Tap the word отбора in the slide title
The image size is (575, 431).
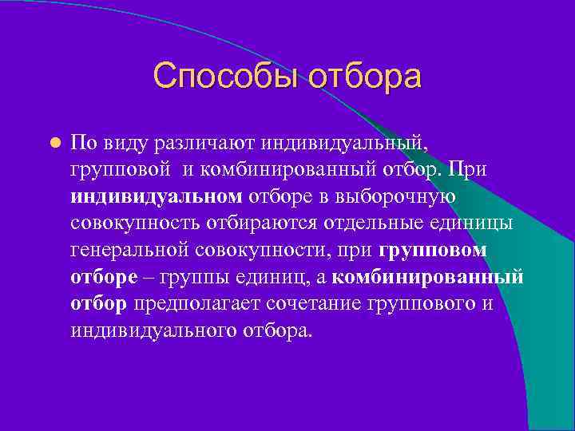click(364, 77)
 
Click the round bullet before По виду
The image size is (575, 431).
click(54, 143)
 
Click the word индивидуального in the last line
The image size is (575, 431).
click(153, 330)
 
